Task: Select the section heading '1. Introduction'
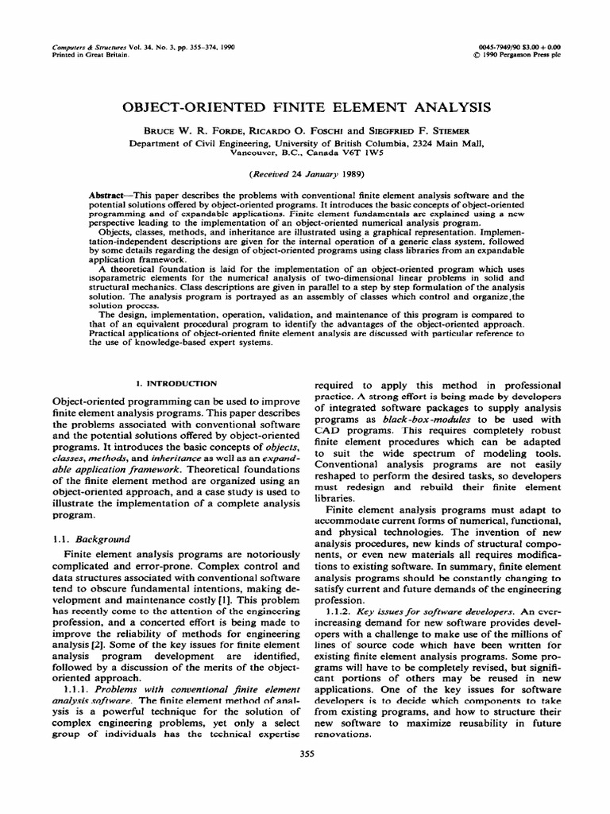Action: (172, 383)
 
